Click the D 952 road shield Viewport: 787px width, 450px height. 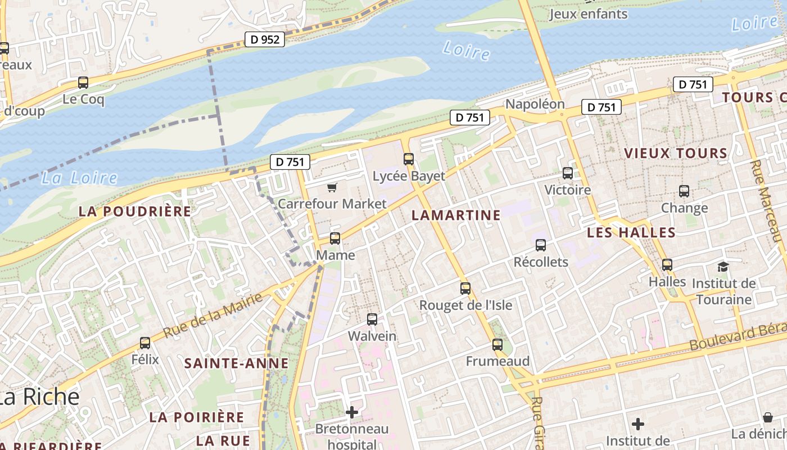(x=265, y=39)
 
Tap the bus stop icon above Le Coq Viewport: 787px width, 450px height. (x=83, y=83)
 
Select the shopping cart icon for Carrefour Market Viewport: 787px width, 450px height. (x=332, y=187)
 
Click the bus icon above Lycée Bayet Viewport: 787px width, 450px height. (x=409, y=159)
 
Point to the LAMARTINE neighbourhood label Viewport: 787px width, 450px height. (x=456, y=215)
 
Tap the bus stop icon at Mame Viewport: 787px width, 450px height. (x=335, y=238)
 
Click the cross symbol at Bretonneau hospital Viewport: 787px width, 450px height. (x=352, y=412)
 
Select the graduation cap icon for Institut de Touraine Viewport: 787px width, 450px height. (x=723, y=267)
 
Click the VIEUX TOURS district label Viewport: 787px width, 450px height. (x=676, y=153)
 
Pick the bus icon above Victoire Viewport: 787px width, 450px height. (x=568, y=173)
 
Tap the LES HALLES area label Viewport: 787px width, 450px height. (x=631, y=233)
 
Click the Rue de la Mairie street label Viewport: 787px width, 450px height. (x=213, y=316)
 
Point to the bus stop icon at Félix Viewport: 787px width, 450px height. (x=145, y=343)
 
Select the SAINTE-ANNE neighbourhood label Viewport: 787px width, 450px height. (x=236, y=363)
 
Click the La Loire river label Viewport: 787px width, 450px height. (x=79, y=178)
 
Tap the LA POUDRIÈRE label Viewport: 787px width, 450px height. (x=135, y=211)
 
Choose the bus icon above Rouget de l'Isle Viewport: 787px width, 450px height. (x=465, y=289)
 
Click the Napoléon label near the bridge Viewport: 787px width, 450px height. (x=535, y=104)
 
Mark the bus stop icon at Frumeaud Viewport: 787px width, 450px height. (x=497, y=345)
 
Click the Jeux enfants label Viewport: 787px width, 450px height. (x=588, y=14)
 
